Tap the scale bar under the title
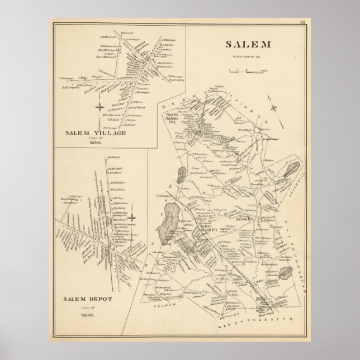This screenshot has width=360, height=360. (x=245, y=70)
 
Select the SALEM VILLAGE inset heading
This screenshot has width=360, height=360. (x=94, y=133)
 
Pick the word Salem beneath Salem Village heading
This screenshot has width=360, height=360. (x=94, y=143)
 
